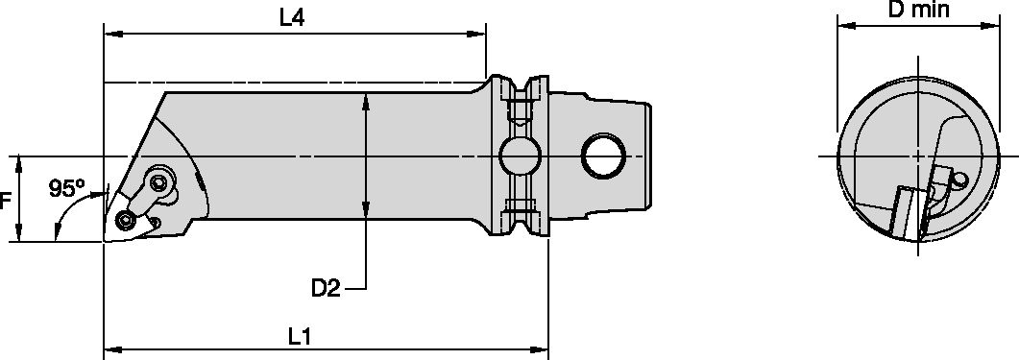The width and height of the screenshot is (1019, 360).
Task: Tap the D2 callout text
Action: (326, 287)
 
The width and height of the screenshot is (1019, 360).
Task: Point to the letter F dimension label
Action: (6, 202)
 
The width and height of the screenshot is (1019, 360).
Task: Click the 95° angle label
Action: (67, 189)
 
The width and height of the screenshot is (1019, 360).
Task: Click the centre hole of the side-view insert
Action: (125, 221)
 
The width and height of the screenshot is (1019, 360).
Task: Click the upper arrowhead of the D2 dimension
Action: (366, 100)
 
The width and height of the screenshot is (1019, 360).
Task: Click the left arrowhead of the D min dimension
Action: (845, 26)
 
